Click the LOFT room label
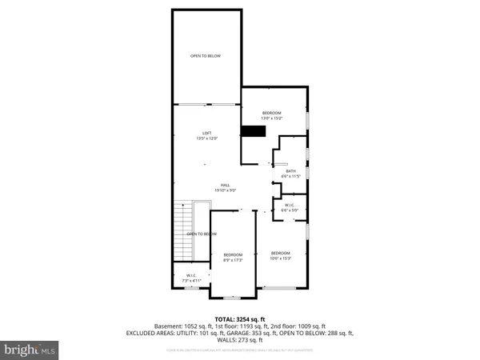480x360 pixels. point(207,136)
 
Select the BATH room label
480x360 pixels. point(290,174)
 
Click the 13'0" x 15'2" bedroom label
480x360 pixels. point(274,117)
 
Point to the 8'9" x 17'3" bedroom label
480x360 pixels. point(232,258)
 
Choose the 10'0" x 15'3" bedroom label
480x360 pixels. point(280,255)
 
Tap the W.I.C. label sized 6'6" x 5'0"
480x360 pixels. point(290,207)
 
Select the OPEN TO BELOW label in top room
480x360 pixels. point(206,55)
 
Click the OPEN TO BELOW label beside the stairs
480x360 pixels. point(202,234)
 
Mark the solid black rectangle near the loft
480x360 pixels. point(253,132)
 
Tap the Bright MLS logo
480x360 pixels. point(30,349)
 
